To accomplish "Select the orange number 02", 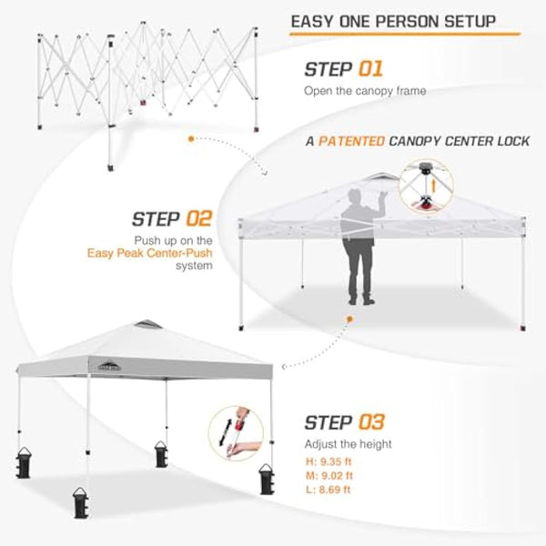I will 198,218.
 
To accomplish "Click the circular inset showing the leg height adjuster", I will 238,432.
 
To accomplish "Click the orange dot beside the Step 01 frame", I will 190,139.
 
